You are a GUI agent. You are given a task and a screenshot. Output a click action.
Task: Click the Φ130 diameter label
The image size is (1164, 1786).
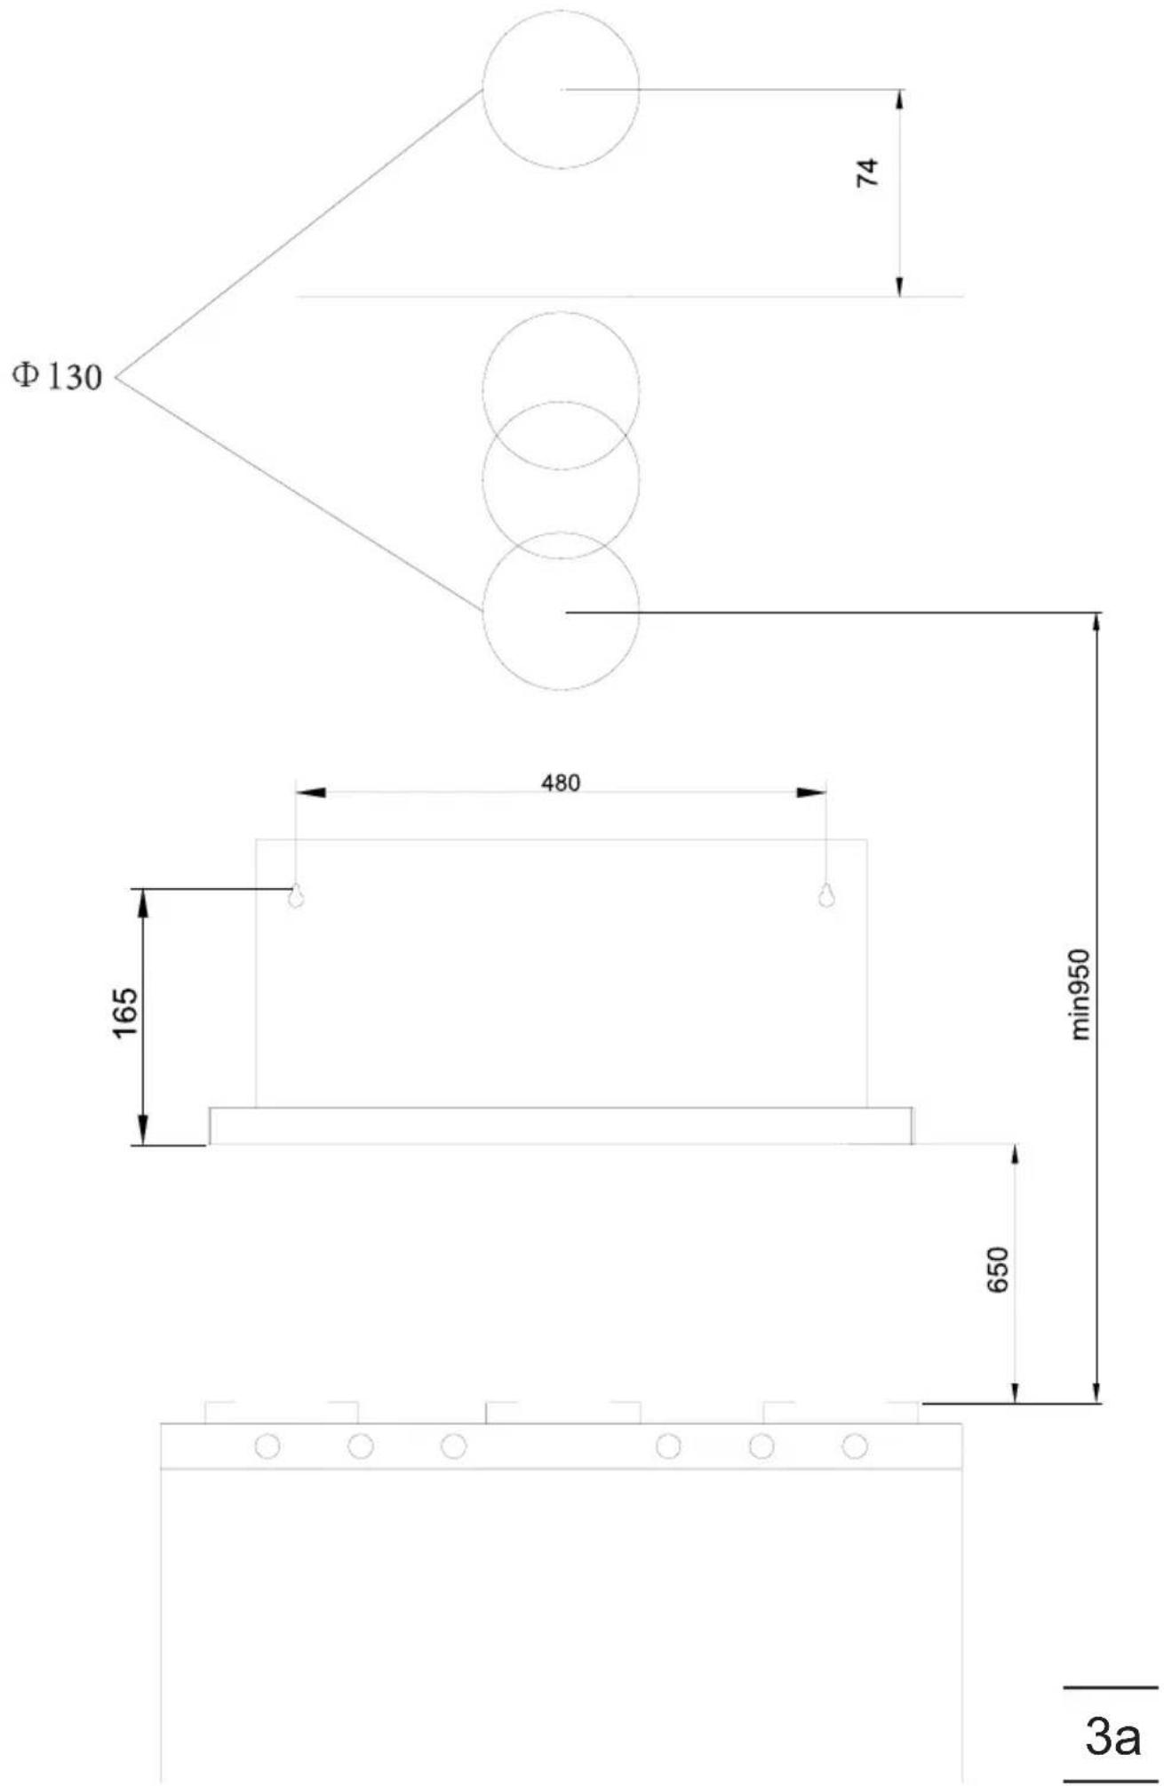(x=57, y=377)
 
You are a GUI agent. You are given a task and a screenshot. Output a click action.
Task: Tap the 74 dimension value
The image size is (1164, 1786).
(x=867, y=172)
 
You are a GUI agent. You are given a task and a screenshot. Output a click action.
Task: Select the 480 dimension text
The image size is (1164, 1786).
(x=561, y=782)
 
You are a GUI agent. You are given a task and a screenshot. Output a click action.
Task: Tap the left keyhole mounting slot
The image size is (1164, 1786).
(x=296, y=896)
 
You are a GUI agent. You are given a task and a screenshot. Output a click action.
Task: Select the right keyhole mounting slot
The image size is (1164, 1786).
(x=826, y=896)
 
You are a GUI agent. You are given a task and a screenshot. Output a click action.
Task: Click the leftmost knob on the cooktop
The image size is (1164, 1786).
(x=267, y=1446)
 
